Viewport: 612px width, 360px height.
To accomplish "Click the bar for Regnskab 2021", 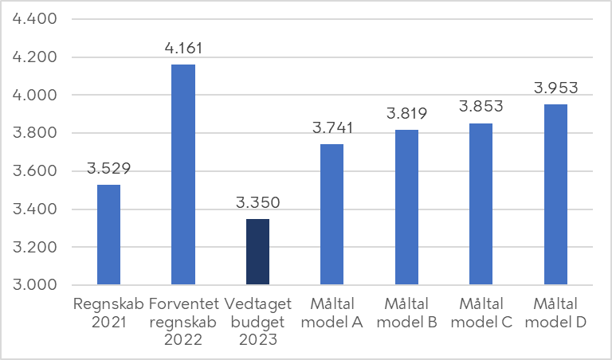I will point(108,234).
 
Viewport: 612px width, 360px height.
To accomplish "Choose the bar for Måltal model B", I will point(406,206).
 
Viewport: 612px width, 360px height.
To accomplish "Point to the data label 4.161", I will point(183,49).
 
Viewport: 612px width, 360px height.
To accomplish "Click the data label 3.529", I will point(108,169).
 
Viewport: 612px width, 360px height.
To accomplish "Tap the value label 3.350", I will point(257,203).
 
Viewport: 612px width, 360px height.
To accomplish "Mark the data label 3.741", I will point(331,129).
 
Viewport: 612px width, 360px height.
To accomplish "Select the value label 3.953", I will point(555,88).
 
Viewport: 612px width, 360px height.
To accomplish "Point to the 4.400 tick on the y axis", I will point(34,19).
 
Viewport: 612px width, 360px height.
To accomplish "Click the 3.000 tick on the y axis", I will point(34,285).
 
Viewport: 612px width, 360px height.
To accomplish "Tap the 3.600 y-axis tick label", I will point(34,171).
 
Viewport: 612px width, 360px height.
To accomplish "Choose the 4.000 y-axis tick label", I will point(34,96).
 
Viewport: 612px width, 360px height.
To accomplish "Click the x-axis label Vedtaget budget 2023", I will point(257,321).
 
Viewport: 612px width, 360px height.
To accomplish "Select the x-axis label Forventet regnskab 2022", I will point(183,321).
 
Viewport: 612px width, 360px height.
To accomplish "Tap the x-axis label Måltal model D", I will point(555,313).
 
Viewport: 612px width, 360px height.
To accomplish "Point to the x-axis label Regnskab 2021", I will point(108,313).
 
